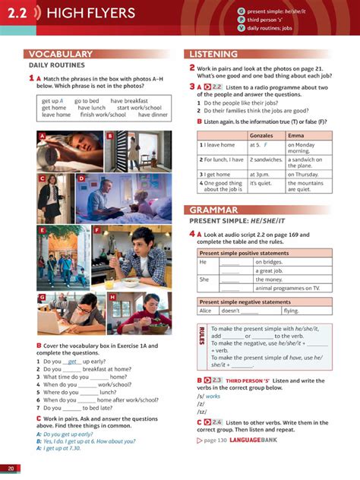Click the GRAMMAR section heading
213,210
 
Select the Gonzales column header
261,134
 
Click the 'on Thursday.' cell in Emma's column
305,174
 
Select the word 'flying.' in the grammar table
292,310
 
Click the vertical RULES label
201,336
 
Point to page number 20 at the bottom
11,469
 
